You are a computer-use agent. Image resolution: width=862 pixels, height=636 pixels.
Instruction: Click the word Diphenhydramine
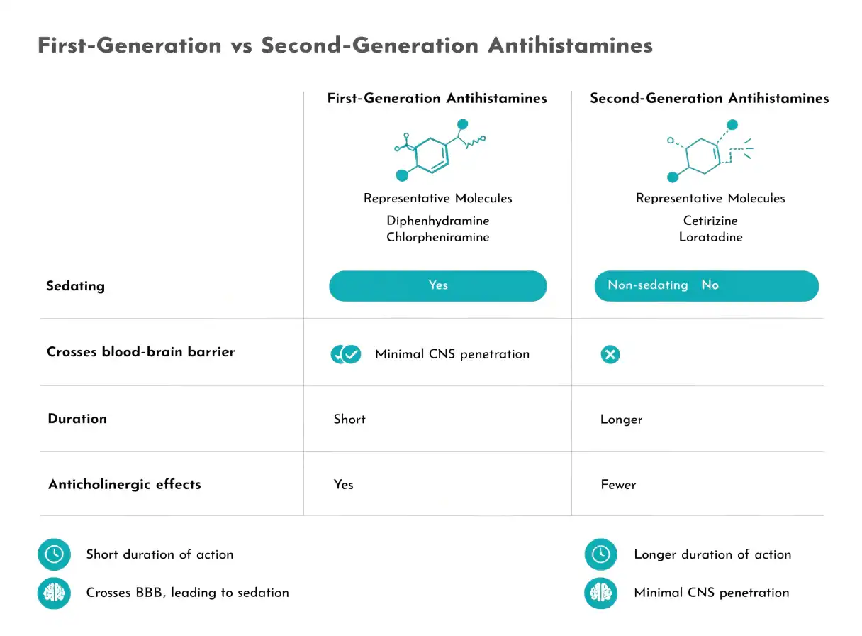[438, 221]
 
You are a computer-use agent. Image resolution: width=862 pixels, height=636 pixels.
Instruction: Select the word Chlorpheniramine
[438, 237]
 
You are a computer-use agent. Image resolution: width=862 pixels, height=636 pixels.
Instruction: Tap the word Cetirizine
[710, 221]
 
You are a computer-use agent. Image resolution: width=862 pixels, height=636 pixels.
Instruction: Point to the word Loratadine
[710, 237]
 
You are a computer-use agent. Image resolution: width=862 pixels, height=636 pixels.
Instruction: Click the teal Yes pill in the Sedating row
[438, 286]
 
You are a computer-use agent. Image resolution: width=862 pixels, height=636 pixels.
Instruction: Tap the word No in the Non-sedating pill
[710, 285]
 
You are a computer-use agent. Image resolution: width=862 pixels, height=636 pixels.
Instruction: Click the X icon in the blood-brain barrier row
[610, 354]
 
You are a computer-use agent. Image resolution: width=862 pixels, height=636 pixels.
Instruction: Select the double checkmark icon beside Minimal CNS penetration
[345, 354]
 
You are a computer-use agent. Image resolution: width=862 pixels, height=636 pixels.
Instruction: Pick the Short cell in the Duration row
[349, 419]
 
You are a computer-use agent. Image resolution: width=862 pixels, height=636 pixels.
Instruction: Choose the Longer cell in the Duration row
[621, 420]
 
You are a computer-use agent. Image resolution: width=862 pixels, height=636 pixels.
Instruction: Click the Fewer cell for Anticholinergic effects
[618, 485]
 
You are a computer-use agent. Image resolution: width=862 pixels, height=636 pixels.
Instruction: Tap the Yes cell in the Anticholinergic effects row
[343, 485]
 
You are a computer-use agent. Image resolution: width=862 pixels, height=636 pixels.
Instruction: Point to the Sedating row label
[75, 286]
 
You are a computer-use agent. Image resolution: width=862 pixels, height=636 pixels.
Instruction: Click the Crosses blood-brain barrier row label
[141, 351]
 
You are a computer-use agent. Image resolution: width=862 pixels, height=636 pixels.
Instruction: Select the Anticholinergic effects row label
[125, 484]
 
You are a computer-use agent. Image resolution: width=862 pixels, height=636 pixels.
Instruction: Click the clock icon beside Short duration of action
[55, 554]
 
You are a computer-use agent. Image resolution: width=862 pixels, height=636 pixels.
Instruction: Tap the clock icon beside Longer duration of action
[600, 554]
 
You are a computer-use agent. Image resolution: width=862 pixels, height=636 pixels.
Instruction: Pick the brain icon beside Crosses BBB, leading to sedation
[55, 593]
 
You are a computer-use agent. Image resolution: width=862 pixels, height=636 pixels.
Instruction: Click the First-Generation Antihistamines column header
[437, 98]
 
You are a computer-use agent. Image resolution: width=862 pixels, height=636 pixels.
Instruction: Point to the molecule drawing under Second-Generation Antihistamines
[708, 151]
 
